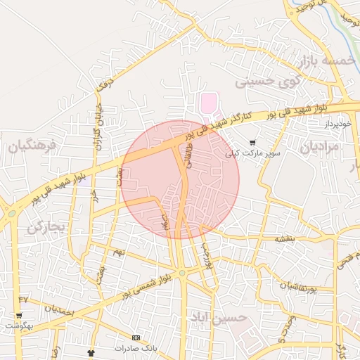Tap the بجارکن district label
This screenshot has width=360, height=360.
46,227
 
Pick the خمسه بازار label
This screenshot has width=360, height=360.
324,62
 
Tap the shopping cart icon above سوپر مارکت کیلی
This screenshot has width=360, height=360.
252,143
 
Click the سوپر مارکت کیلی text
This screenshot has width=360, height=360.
252,153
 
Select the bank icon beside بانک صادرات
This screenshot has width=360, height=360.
136,337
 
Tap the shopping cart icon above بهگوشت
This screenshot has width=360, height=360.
19,316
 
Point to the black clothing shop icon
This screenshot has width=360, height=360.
90,352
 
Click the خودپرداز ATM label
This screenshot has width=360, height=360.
337,124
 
